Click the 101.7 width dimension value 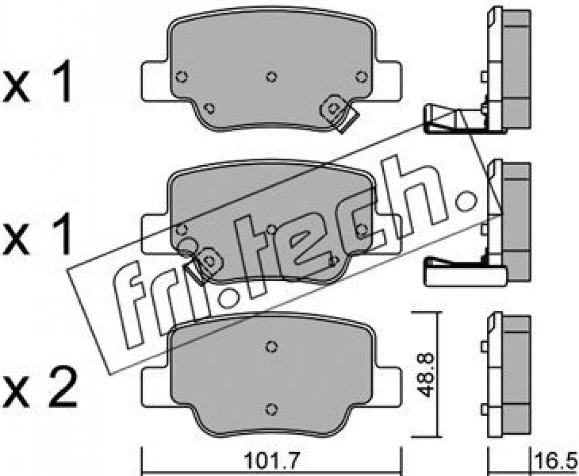[272, 461]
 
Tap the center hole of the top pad [272, 77]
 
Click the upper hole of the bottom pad [272, 346]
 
